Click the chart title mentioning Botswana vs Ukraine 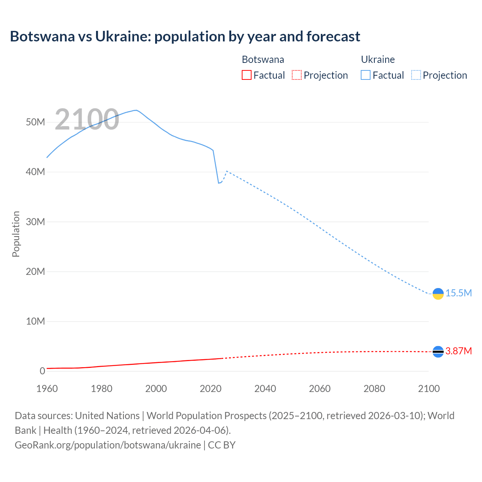(185, 37)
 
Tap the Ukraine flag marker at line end (438, 294)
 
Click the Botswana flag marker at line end (438, 352)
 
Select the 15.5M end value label (458, 293)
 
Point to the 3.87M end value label (458, 351)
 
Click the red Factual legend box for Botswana (246, 75)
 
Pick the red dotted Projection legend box (297, 75)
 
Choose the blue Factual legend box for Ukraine (365, 75)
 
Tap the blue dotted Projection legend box (416, 75)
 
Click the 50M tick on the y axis (35, 122)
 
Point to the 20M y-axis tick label (35, 272)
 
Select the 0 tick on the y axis (42, 371)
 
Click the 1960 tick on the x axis (47, 389)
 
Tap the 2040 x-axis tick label (265, 389)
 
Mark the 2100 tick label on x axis (429, 389)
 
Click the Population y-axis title (16, 234)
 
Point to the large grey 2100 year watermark (87, 120)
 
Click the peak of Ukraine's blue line (136, 110)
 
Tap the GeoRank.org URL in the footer (108, 445)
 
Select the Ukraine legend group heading (378, 59)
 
